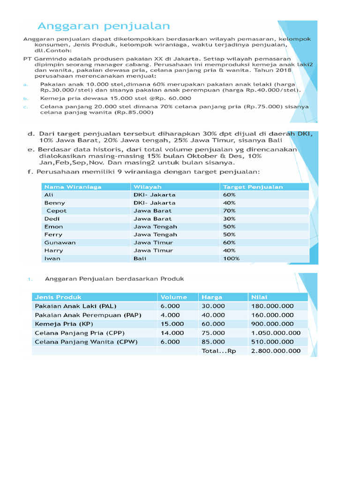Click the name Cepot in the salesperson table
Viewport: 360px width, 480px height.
click(57, 210)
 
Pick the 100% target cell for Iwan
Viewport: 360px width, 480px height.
click(232, 258)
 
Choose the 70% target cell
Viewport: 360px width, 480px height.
click(229, 210)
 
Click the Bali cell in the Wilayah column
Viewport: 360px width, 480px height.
click(140, 258)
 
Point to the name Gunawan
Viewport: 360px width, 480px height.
click(60, 242)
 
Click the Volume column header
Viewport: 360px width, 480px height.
click(173, 297)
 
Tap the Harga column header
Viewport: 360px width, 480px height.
click(212, 297)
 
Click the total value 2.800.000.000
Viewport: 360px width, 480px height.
click(276, 351)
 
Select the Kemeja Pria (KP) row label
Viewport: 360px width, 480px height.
click(64, 324)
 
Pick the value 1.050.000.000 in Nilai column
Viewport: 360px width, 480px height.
click(276, 333)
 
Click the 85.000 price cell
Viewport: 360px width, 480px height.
click(213, 342)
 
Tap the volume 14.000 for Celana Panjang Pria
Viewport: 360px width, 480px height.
click(172, 333)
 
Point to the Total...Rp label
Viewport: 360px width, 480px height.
click(218, 351)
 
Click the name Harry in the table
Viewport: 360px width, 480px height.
click(53, 250)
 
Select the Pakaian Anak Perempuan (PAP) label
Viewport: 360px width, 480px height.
click(88, 315)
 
